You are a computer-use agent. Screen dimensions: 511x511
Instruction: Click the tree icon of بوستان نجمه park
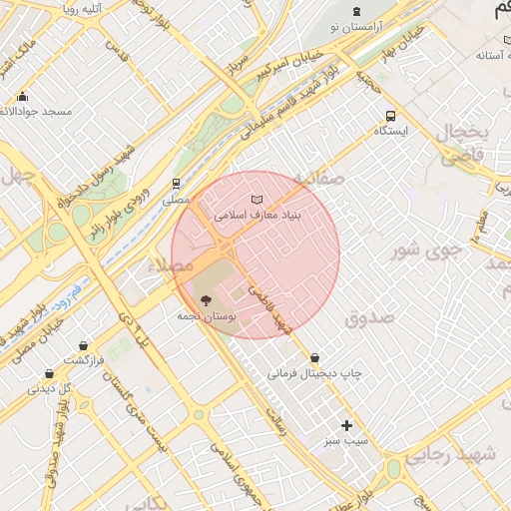click(x=206, y=299)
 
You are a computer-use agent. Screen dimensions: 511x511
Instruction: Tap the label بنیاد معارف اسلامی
click(x=257, y=214)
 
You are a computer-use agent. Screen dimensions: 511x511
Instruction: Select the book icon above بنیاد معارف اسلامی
click(x=257, y=200)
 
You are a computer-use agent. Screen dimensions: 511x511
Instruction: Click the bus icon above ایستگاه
click(x=390, y=115)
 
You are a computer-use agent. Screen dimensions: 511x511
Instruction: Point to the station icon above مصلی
click(x=177, y=184)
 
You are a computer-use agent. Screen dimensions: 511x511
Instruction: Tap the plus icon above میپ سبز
click(x=347, y=425)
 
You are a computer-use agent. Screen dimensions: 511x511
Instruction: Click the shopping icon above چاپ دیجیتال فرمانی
click(x=315, y=357)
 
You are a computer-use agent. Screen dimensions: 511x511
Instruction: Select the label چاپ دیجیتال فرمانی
click(x=314, y=373)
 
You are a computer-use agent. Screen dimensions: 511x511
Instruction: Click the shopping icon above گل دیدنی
click(x=49, y=373)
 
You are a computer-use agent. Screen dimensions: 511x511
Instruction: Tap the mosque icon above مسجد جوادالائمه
click(x=23, y=97)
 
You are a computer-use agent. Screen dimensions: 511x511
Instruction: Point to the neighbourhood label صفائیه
click(x=318, y=178)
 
